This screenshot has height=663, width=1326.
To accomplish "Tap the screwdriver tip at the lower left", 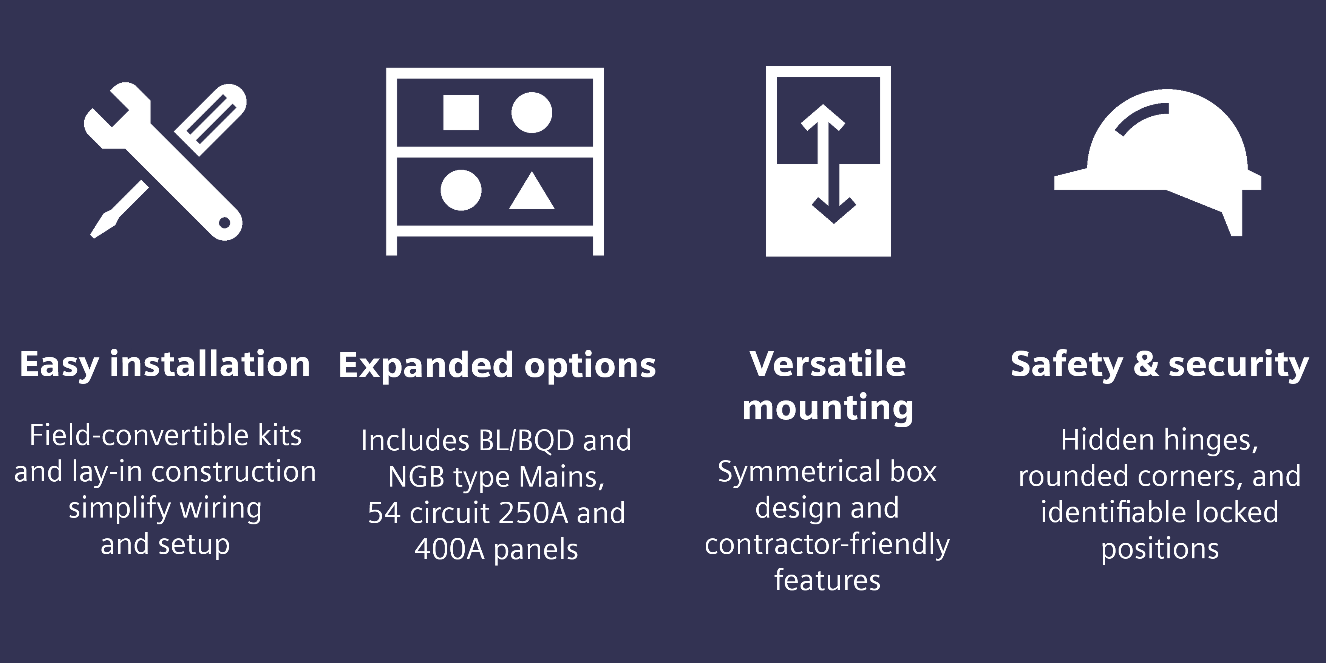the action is pyautogui.click(x=93, y=236).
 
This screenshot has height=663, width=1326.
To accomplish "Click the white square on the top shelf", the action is pyautogui.click(x=461, y=112).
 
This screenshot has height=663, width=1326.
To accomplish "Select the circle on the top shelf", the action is pyautogui.click(x=532, y=113).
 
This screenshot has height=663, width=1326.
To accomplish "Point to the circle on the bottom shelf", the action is pyautogui.click(x=461, y=190).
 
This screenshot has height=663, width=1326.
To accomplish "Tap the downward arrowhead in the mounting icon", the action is pyautogui.click(x=834, y=210).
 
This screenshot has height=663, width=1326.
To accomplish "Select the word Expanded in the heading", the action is pyautogui.click(x=426, y=365).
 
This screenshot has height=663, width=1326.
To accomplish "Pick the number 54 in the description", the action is pyautogui.click(x=384, y=513).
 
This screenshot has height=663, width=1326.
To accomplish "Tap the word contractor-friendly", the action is pyautogui.click(x=827, y=545).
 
